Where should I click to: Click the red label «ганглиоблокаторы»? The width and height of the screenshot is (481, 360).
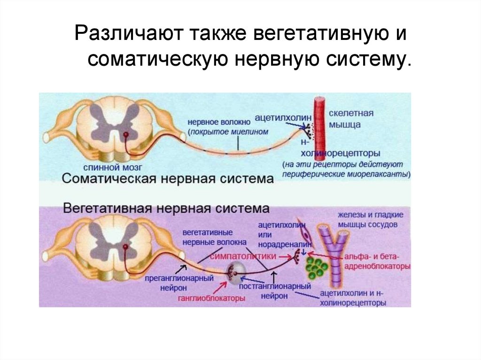pyautogui.click(x=211, y=298)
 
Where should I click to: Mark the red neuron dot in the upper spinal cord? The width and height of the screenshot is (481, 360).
pyautogui.click(x=126, y=135)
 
